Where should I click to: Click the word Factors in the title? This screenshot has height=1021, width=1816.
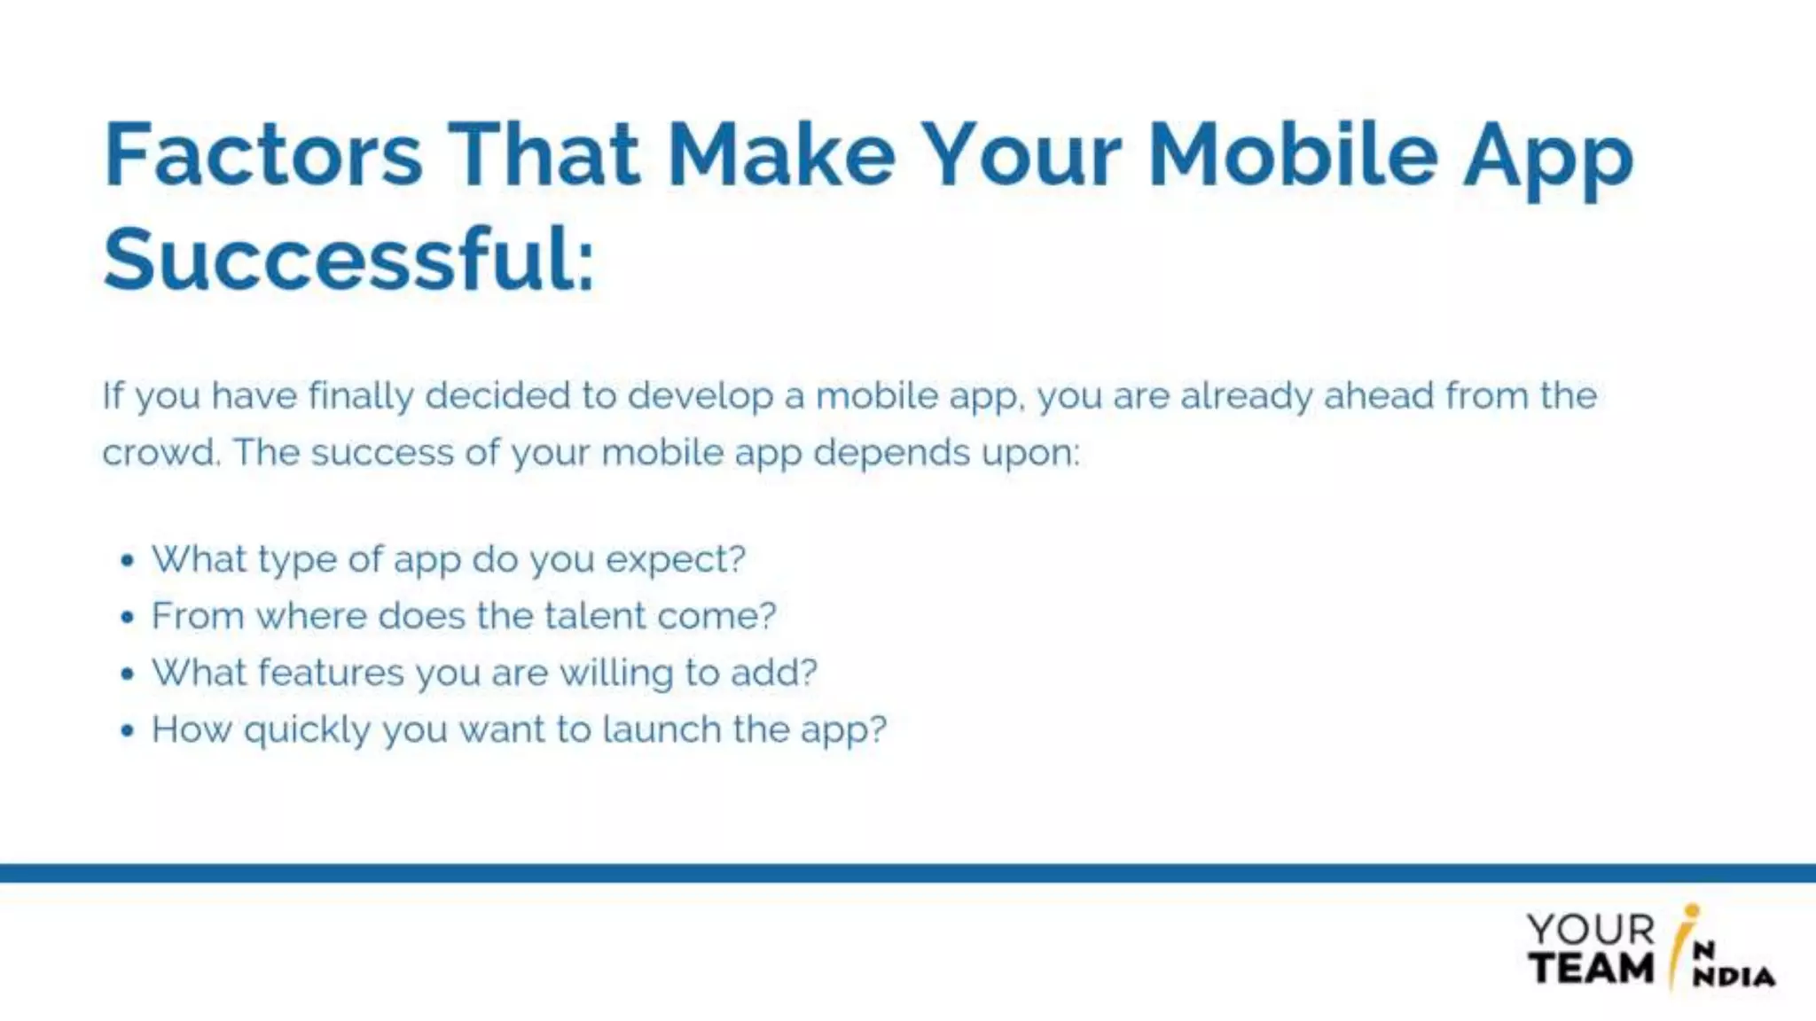click(262, 156)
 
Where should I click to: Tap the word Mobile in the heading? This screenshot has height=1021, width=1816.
click(1292, 156)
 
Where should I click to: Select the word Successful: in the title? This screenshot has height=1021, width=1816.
click(348, 260)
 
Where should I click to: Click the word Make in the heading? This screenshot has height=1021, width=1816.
click(780, 156)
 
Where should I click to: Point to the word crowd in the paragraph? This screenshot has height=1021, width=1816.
click(160, 453)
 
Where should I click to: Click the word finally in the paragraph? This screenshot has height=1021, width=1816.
click(360, 396)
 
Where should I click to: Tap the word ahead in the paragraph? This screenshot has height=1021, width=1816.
click(1378, 395)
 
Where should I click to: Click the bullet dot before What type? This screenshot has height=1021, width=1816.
click(128, 560)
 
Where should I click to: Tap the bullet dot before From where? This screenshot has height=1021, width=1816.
click(128, 617)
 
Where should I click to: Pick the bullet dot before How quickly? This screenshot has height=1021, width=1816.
click(128, 730)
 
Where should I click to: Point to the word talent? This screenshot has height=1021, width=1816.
click(595, 616)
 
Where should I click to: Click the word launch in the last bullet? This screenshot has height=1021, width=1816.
click(661, 729)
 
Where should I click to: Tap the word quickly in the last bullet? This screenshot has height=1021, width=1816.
click(307, 731)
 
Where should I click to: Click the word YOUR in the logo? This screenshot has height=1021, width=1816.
click(1591, 930)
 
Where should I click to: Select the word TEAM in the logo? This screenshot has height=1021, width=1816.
click(1591, 968)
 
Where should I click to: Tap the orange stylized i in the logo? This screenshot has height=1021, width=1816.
click(1681, 944)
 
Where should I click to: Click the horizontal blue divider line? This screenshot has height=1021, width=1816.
click(908, 873)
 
